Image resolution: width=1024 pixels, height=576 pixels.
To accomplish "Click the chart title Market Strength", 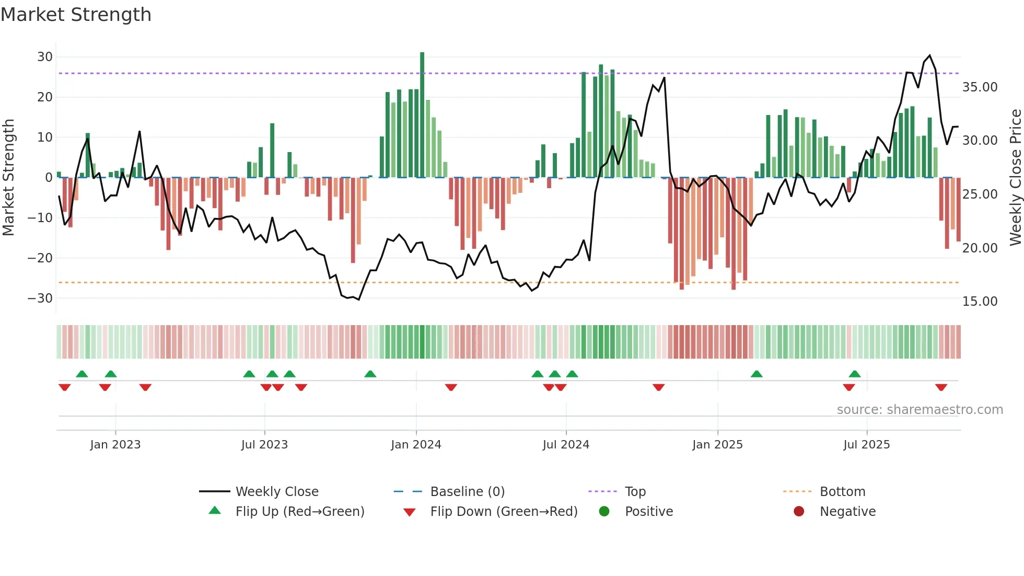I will (x=76, y=15).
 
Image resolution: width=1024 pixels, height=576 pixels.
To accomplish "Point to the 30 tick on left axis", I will (x=45, y=57).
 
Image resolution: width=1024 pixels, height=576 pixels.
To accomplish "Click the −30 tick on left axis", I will (x=40, y=298).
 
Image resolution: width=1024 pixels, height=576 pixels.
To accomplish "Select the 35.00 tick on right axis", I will (x=980, y=87).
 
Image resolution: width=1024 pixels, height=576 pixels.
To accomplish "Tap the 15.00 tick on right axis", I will (x=980, y=302).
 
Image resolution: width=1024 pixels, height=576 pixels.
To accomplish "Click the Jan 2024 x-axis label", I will (x=416, y=445).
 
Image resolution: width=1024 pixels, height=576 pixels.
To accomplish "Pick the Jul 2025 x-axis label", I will (x=866, y=445).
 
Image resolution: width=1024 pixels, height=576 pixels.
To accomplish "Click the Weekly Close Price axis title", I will (x=1015, y=177).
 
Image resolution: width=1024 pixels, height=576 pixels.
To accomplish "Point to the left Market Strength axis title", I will (x=8, y=177).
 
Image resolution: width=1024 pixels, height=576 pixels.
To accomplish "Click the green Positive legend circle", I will (x=604, y=512).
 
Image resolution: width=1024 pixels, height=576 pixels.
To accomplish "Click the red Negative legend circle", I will (x=799, y=512).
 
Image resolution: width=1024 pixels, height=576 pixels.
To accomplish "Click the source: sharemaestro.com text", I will (x=920, y=410).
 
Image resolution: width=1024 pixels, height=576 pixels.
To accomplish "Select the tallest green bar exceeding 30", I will (x=422, y=115).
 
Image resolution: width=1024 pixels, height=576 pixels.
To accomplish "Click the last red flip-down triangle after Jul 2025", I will (x=941, y=387).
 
